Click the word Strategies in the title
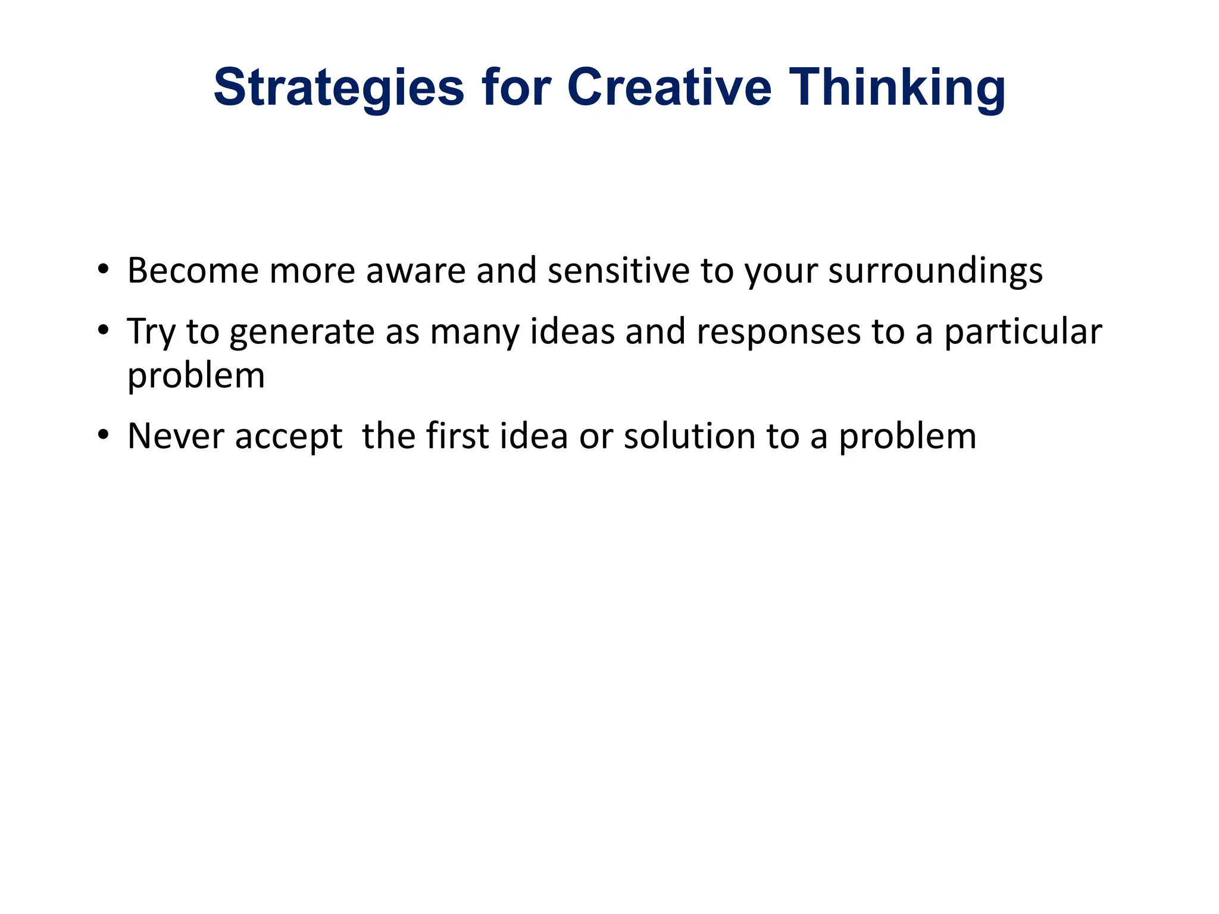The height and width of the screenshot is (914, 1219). point(338,88)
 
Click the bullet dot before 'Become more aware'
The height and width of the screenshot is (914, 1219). point(104,270)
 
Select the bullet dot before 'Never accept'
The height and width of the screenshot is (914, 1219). point(104,435)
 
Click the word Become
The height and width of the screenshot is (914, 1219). point(193,271)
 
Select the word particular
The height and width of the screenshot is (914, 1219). point(1023,332)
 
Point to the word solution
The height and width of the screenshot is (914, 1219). point(689,436)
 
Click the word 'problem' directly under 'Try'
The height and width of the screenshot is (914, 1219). point(196,377)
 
